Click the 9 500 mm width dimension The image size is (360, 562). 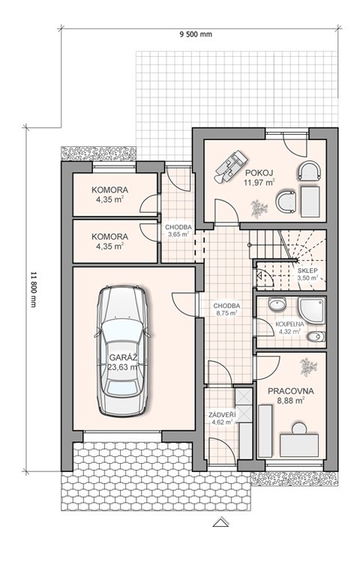coord(196,34)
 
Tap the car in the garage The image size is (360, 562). coord(123,351)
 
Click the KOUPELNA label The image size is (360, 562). coord(289,324)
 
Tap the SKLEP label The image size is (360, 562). coord(307,271)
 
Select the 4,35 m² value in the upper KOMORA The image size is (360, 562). coord(109,199)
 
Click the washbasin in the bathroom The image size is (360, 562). coord(277,305)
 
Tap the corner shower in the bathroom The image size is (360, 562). coord(312,310)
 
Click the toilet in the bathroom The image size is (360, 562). coord(316,336)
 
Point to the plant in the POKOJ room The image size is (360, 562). coord(259,208)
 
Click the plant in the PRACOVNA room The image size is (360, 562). coord(308,367)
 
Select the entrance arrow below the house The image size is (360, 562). coord(221,522)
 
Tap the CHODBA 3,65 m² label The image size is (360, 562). coord(178,231)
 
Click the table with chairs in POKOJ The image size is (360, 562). coord(232,165)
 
